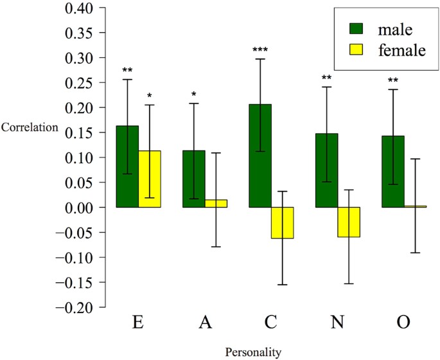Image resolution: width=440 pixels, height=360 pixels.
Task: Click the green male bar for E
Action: (127, 166)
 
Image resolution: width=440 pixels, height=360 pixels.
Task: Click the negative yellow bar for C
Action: (283, 222)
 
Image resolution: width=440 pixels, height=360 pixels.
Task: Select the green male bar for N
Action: (327, 170)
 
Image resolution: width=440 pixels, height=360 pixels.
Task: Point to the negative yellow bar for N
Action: (349, 222)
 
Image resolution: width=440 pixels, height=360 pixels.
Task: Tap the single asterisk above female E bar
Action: (150, 96)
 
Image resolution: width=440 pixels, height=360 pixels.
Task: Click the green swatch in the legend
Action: (356, 29)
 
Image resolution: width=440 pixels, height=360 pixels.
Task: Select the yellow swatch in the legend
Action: (356, 51)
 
